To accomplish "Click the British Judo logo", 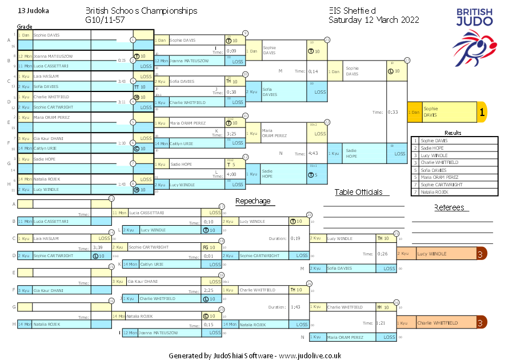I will click(x=473, y=34).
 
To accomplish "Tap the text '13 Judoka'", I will click(x=34, y=11).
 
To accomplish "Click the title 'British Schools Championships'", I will click(x=141, y=11).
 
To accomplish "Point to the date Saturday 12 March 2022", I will click(x=374, y=20).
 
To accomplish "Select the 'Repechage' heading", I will click(x=253, y=201).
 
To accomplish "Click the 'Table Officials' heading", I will click(x=358, y=193).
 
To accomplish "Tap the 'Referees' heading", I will click(x=449, y=207).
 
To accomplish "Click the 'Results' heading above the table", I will click(x=452, y=133).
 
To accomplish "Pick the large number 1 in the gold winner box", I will click(x=482, y=113).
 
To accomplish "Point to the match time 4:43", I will click(x=312, y=153).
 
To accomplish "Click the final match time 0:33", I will click(x=392, y=113).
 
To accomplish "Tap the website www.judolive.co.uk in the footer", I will click(x=310, y=355).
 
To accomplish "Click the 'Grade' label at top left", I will click(x=25, y=27).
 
